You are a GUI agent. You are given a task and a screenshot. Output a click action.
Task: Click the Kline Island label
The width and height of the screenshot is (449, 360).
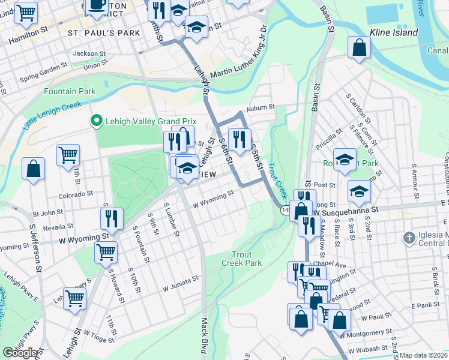pos(393,32)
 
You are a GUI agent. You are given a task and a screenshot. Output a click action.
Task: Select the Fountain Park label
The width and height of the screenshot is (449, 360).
pos(69,91)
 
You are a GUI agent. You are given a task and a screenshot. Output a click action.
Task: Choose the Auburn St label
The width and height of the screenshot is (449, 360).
pos(262,107)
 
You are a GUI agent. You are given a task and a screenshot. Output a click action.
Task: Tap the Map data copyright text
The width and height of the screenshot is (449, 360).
pos(424,355)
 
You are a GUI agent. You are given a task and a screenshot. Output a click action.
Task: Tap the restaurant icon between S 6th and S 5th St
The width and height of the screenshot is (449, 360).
pos(240,139)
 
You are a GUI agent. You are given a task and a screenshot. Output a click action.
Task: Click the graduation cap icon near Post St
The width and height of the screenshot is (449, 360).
pos(359,191)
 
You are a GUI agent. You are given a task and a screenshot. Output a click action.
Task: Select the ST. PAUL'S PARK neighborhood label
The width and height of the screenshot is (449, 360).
pos(103,32)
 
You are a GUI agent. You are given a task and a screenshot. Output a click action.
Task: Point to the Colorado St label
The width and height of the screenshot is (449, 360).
pos(76,194)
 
